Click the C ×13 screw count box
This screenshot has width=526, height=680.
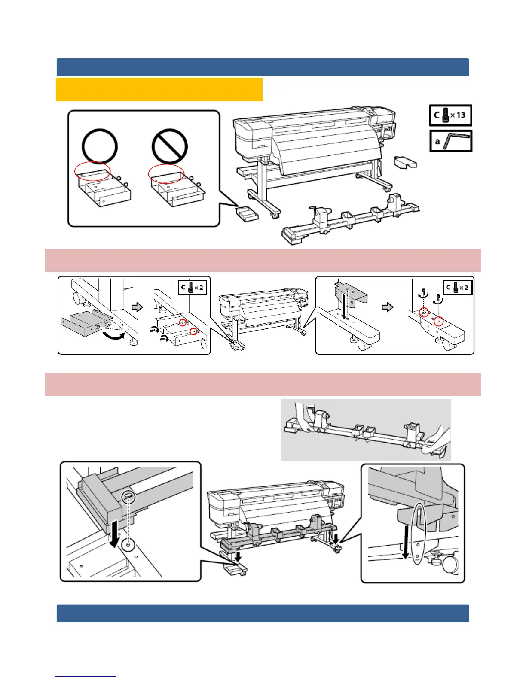click(450, 115)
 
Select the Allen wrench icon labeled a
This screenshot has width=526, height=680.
click(451, 141)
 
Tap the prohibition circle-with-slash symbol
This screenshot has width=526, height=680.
click(169, 146)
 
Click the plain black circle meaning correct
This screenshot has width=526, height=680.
click(100, 146)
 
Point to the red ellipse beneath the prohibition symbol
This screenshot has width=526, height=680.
click(166, 174)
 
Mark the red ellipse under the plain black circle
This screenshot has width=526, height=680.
click(92, 171)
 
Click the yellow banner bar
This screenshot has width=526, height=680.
click(159, 89)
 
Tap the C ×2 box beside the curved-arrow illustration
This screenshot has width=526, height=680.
click(193, 287)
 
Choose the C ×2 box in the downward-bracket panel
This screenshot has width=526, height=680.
click(458, 287)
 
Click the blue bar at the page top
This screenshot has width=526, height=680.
click(263, 67)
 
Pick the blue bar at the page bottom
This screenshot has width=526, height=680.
click(263, 613)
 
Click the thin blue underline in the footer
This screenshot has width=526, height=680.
click(85, 676)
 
